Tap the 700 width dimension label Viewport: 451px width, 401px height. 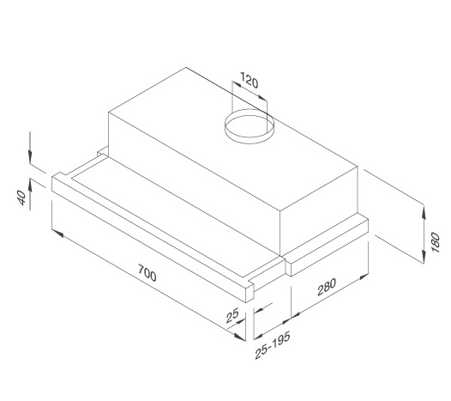147,276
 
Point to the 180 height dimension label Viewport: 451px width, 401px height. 435,240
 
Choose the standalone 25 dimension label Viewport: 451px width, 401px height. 230,317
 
